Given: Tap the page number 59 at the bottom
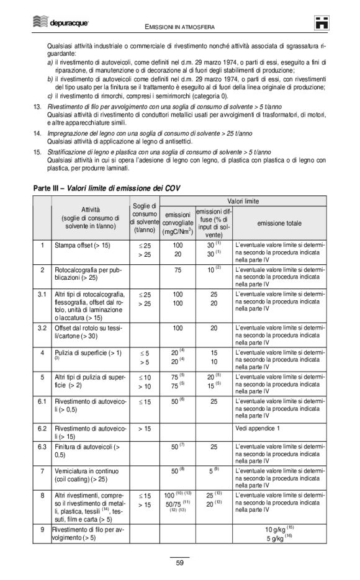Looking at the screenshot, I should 179,563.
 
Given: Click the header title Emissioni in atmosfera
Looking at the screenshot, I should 179,27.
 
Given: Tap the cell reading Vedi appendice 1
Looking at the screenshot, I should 260,428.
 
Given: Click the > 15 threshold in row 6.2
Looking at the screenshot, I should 144,428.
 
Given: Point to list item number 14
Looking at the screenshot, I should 37,133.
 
